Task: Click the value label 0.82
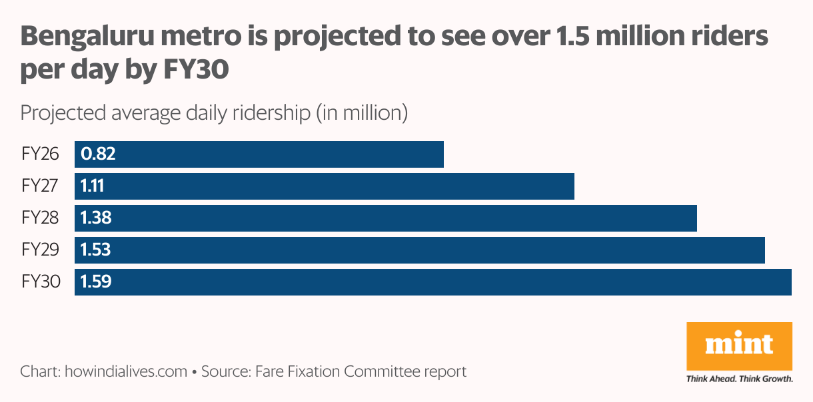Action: pyautogui.click(x=98, y=154)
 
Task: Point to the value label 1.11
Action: pyautogui.click(x=92, y=186)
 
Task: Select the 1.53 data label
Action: pyautogui.click(x=96, y=250)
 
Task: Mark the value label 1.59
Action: pyautogui.click(x=96, y=282)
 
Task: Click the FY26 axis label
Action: pyautogui.click(x=40, y=154)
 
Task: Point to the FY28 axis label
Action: pyautogui.click(x=40, y=218)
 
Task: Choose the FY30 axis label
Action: pyautogui.click(x=41, y=282)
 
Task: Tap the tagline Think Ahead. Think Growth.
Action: pyautogui.click(x=739, y=379)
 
